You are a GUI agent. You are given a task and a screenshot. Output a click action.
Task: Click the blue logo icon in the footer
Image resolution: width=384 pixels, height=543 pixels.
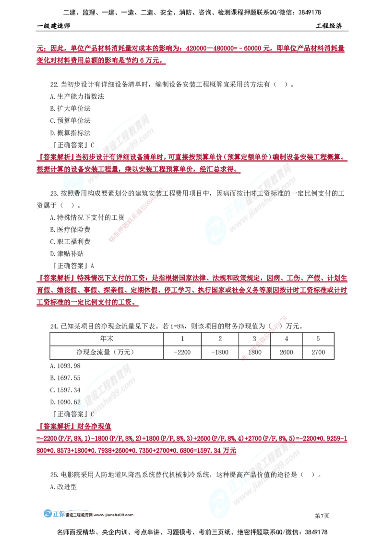point(48,514)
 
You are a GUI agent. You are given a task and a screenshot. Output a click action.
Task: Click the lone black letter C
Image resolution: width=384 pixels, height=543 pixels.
point(92,413)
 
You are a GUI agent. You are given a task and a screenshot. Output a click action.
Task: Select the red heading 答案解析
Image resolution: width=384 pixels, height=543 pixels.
point(55,426)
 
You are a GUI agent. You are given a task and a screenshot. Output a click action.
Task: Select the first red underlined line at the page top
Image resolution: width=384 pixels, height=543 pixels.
point(190,49)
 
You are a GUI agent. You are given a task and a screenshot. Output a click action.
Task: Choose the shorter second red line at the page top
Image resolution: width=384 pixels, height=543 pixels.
point(101,61)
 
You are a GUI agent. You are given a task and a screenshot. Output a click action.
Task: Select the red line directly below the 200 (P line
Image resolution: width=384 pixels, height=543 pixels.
point(137,451)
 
